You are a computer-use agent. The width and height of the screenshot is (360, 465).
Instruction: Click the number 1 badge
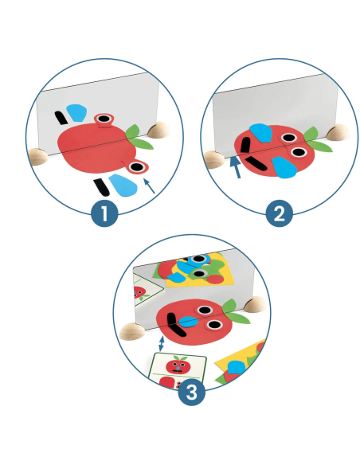pos(104,213)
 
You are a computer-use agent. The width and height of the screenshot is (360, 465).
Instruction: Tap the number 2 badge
pos(279,213)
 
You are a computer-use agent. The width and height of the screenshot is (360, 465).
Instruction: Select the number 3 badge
pos(192,392)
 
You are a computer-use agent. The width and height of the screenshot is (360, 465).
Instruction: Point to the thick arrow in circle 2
pos(236,167)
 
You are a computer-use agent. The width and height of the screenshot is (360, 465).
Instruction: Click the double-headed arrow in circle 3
pos(161,343)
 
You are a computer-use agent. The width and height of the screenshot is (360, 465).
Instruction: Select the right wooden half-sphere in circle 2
pos(338,132)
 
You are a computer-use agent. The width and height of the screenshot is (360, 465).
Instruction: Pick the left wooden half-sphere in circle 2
pos(214,159)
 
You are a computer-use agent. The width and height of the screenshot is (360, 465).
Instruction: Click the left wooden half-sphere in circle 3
pos(132,331)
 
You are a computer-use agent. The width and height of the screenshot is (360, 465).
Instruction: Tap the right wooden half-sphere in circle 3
pos(256,305)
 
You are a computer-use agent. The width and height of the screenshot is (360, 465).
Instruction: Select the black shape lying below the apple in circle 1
pos(101,187)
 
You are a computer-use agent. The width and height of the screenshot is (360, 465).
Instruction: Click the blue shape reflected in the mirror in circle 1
pos(76,112)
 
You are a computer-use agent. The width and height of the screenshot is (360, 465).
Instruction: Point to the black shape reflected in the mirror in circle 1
pos(61,118)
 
